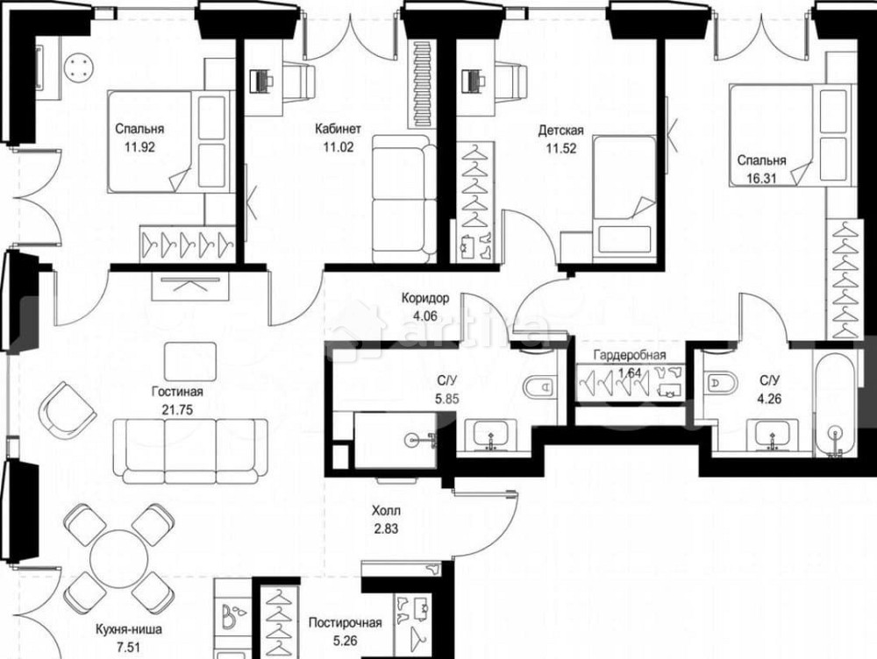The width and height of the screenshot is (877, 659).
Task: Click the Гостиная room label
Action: [177, 391]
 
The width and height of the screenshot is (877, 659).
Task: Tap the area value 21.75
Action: [177, 410]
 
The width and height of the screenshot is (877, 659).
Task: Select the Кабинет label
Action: [338, 129]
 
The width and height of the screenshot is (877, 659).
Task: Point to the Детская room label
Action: [561, 131]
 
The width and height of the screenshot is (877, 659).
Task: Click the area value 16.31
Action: [760, 180]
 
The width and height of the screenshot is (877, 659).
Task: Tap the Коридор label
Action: [425, 299]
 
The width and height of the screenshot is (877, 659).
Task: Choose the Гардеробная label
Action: [630, 355]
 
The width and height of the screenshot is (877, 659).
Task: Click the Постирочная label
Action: [345, 623]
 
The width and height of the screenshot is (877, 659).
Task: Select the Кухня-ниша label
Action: [129, 629]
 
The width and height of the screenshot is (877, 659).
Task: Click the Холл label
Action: [387, 510]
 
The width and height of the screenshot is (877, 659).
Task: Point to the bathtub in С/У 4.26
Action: [835, 405]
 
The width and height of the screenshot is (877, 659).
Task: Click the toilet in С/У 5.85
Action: [538, 386]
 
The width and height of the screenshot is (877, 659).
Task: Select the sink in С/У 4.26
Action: [773, 435]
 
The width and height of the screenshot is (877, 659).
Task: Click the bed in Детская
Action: [624, 195]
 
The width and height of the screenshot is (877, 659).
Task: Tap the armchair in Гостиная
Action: [67, 411]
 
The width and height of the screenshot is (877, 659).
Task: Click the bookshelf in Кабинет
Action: [424, 84]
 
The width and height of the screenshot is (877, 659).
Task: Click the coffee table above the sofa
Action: [190, 362]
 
